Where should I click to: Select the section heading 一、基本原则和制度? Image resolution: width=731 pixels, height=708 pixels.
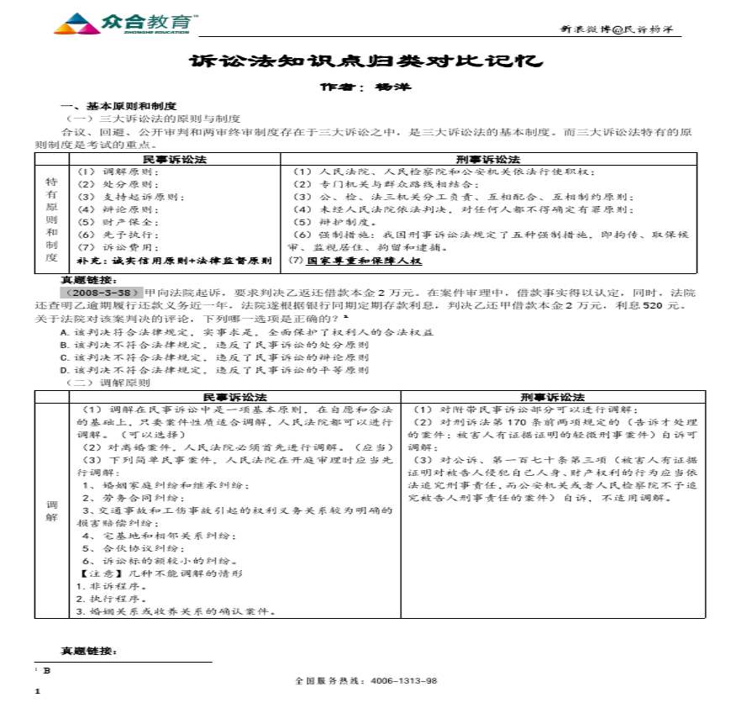coord(118,106)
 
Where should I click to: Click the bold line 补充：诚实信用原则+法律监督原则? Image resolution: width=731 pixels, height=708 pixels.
coord(174,261)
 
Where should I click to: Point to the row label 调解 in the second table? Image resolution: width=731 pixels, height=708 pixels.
coord(52,510)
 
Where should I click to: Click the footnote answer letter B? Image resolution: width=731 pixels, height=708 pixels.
coord(47,670)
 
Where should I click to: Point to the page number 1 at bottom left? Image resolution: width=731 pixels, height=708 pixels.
coord(38,692)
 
